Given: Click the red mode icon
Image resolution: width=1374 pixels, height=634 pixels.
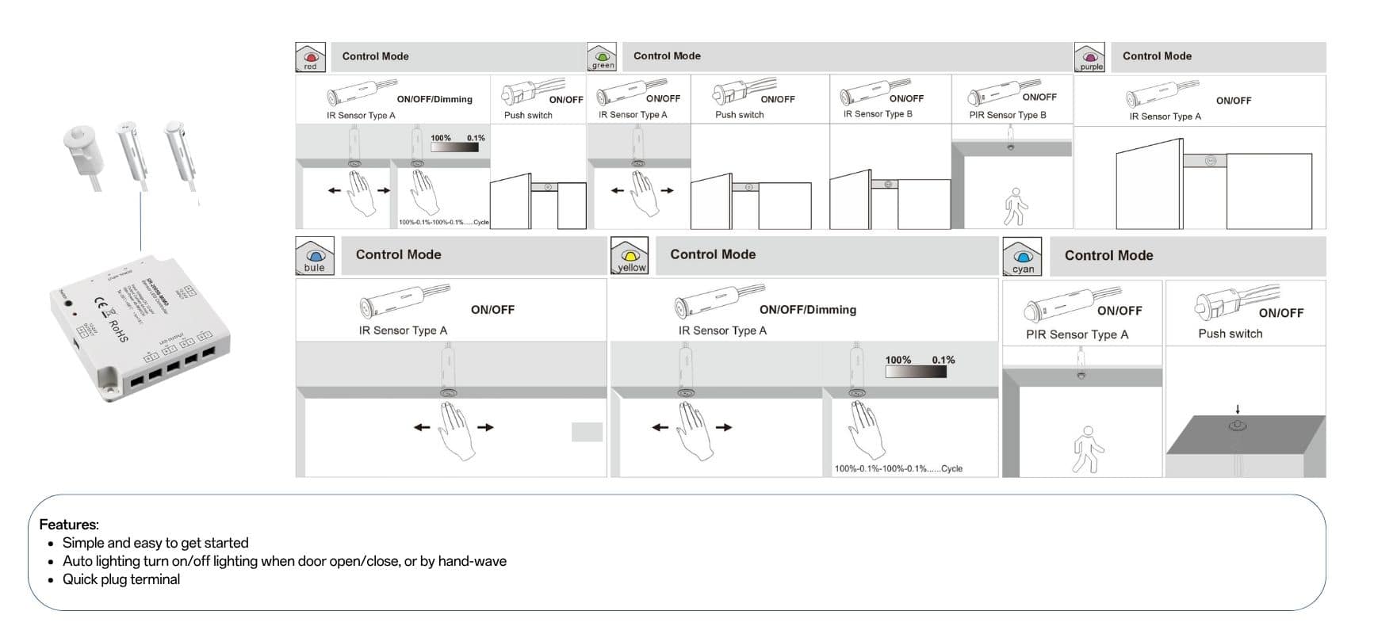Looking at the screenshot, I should coord(310,58).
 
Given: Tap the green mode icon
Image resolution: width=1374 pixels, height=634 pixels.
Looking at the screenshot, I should coord(602,57).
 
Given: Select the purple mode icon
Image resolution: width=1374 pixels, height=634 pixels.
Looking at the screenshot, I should coord(1090,58).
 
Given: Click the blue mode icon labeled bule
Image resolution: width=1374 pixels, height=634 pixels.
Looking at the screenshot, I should coord(315,257).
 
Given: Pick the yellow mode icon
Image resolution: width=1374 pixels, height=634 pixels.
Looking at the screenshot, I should coord(630,257).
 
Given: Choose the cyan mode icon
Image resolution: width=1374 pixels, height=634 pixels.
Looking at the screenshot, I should coord(1023,258).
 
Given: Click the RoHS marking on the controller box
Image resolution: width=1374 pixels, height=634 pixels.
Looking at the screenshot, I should coord(117,330).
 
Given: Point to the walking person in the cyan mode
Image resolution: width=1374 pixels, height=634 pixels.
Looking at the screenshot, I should coord(1087,450).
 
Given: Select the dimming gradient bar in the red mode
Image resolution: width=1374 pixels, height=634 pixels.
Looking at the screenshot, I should coord(454,146).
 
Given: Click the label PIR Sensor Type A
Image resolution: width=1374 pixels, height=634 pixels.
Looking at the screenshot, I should coord(1077,334).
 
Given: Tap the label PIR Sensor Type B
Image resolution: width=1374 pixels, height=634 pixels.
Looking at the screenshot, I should coord(1007,115).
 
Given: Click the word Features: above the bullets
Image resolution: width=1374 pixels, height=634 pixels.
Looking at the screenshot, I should coord(69,525).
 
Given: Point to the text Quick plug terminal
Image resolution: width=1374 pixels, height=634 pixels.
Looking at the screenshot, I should coord(121,579).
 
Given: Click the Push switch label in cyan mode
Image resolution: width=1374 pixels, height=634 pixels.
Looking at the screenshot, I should coord(1230,334).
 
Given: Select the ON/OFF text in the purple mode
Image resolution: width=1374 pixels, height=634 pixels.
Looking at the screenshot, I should coord(1234,101).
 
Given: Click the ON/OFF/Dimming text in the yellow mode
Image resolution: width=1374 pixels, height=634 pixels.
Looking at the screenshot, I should coord(807,310).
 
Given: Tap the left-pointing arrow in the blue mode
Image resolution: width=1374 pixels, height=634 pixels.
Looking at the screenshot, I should coord(422,428).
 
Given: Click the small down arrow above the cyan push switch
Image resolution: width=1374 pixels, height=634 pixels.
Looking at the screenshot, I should coord(1238,410).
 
